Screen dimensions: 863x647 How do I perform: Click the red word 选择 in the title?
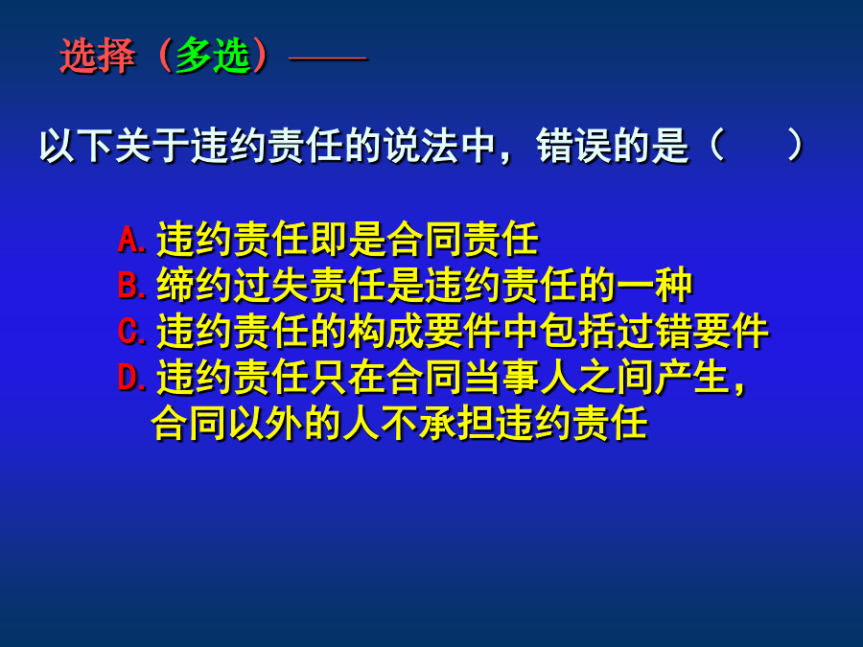[98, 56]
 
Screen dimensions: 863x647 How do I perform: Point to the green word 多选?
[214, 56]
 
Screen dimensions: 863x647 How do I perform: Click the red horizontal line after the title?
[328, 58]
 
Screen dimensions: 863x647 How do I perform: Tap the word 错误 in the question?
[574, 147]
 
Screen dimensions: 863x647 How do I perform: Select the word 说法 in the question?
[422, 147]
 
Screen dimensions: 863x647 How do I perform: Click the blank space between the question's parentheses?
[757, 147]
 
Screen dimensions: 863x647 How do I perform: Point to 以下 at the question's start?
[77, 147]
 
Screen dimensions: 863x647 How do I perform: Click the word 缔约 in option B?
[195, 286]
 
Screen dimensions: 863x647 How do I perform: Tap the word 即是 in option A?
[348, 240]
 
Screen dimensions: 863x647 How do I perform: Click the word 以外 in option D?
[266, 423]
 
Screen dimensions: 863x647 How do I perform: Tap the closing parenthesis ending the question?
[795, 147]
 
